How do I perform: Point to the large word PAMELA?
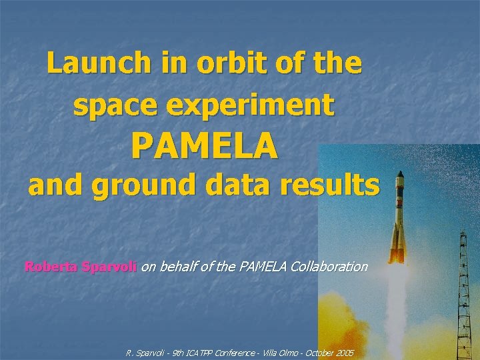pos(204,146)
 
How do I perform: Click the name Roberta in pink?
pos(51,267)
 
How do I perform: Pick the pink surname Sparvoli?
pos(108,267)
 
